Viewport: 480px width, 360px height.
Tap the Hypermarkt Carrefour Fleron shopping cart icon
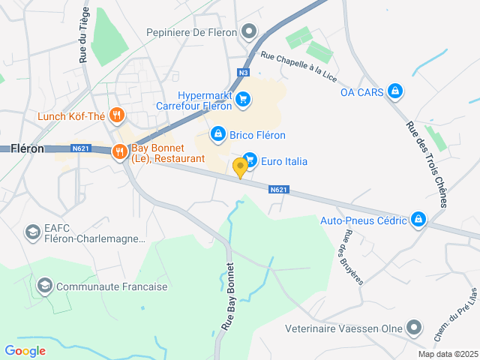point(242,99)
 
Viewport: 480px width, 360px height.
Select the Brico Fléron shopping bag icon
point(217,133)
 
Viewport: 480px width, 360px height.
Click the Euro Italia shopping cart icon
point(251,160)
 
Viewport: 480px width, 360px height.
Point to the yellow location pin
point(240,166)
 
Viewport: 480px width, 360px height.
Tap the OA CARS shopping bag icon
point(396,92)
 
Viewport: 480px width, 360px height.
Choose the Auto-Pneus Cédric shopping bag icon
point(418,220)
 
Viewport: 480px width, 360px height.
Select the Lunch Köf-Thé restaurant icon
point(116,115)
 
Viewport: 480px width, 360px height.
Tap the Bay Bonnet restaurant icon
point(119,152)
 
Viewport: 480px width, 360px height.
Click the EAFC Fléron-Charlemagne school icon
point(32,232)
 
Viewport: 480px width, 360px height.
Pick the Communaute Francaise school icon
point(44,286)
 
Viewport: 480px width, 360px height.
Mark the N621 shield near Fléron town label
point(82,149)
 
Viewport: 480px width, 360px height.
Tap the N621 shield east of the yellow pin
point(278,190)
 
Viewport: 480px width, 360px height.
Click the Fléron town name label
point(27,148)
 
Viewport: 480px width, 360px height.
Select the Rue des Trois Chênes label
point(425,164)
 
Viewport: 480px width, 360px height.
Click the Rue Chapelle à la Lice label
point(298,64)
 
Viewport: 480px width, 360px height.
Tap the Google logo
point(25,350)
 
